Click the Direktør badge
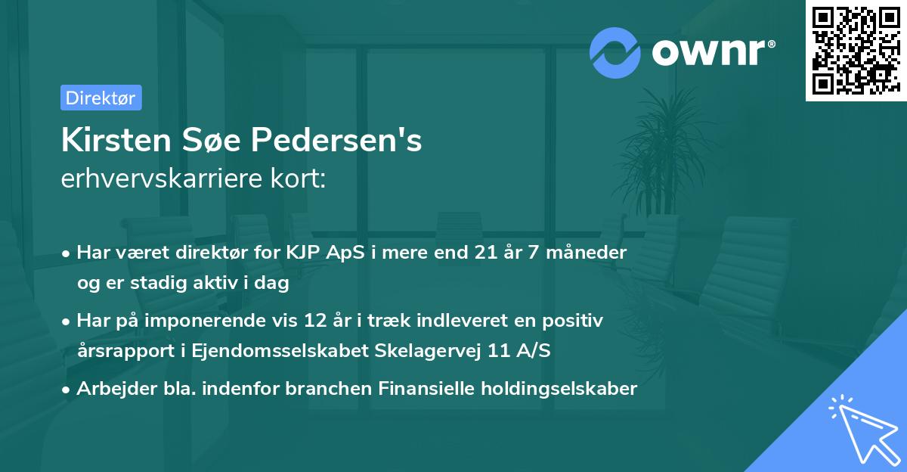(x=101, y=98)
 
